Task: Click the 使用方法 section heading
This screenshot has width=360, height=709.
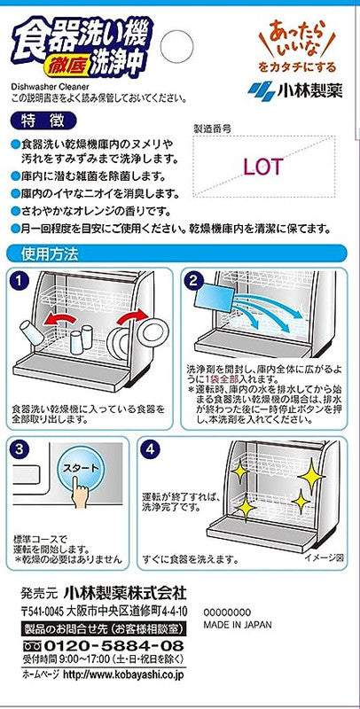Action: pos(50,253)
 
